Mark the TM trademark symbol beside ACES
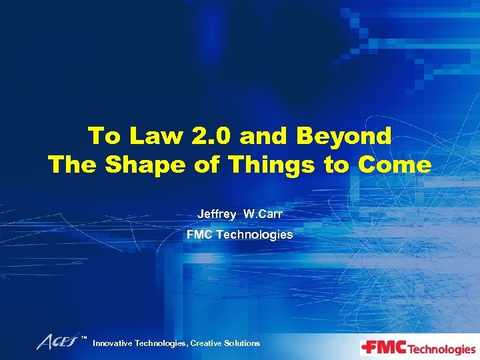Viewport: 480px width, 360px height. (x=84, y=339)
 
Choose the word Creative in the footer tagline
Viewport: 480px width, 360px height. (x=207, y=343)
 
